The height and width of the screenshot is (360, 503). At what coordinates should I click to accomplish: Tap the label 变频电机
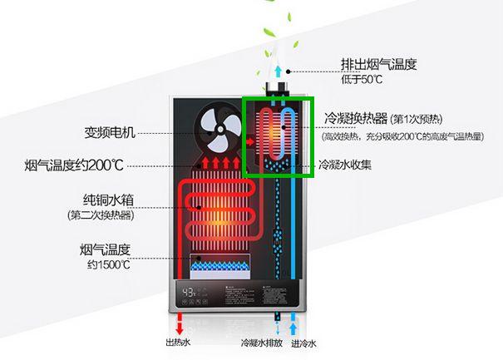[110, 132]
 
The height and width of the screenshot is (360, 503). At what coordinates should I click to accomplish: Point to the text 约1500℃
[109, 264]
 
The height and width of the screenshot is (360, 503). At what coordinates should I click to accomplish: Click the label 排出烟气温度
[378, 64]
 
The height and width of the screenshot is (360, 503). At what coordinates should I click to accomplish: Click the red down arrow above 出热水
[178, 321]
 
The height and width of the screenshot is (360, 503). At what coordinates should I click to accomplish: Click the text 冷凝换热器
[351, 117]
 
